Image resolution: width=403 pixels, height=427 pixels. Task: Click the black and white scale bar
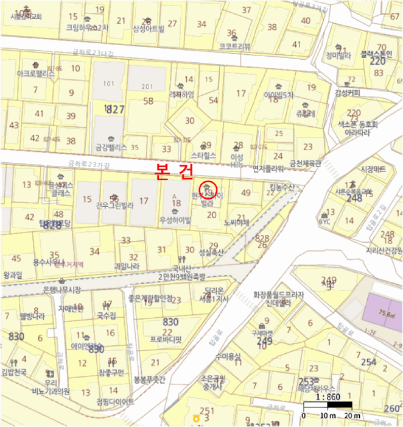point(328,406)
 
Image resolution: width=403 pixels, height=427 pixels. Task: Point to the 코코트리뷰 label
point(234,46)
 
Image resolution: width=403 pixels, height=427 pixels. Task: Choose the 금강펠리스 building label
point(110,147)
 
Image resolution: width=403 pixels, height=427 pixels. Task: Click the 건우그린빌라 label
point(114,205)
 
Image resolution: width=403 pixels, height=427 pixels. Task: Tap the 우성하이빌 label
point(175,218)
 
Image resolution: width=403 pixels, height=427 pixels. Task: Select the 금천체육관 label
point(304,163)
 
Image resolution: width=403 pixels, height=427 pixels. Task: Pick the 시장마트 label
point(373,168)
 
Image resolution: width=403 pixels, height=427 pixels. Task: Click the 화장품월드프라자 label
point(278,294)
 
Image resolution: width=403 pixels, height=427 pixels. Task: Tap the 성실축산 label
point(211,251)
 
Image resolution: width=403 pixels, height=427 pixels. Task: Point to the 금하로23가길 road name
point(88,163)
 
